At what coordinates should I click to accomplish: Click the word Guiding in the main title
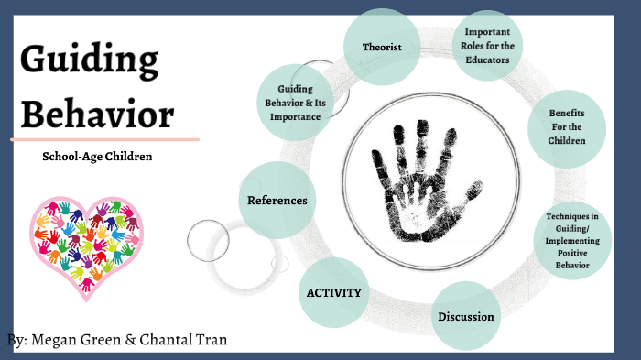[x=88, y=61]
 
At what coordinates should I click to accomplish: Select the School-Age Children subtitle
[x=97, y=157]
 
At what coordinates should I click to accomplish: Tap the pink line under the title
[x=104, y=139]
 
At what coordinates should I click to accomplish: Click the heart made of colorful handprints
[x=85, y=242]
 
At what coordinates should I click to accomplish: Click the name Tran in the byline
[x=210, y=340]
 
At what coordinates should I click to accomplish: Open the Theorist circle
[x=382, y=47]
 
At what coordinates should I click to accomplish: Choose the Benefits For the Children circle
[x=567, y=127]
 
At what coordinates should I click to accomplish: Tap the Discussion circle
[x=465, y=317]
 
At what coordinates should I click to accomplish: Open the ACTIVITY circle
[x=334, y=293]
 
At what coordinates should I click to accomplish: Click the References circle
[x=277, y=200]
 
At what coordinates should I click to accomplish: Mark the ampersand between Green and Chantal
[x=131, y=340]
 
